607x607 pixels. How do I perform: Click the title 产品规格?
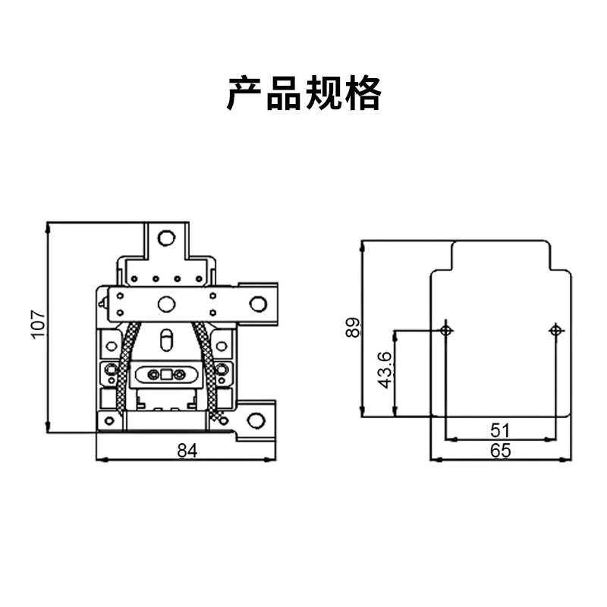[x=303, y=94]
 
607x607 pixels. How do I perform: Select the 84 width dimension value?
[x=187, y=451]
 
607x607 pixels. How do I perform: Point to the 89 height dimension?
[x=351, y=328]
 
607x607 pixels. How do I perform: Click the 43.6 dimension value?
[x=385, y=370]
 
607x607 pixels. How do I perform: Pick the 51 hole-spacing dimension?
[x=501, y=430]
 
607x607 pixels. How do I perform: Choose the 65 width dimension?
[x=501, y=451]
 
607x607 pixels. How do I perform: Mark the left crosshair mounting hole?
[x=446, y=330]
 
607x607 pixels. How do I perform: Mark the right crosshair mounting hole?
[x=556, y=330]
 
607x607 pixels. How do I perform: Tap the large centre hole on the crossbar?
[x=165, y=303]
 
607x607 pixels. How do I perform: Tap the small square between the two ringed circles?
[x=166, y=374]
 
